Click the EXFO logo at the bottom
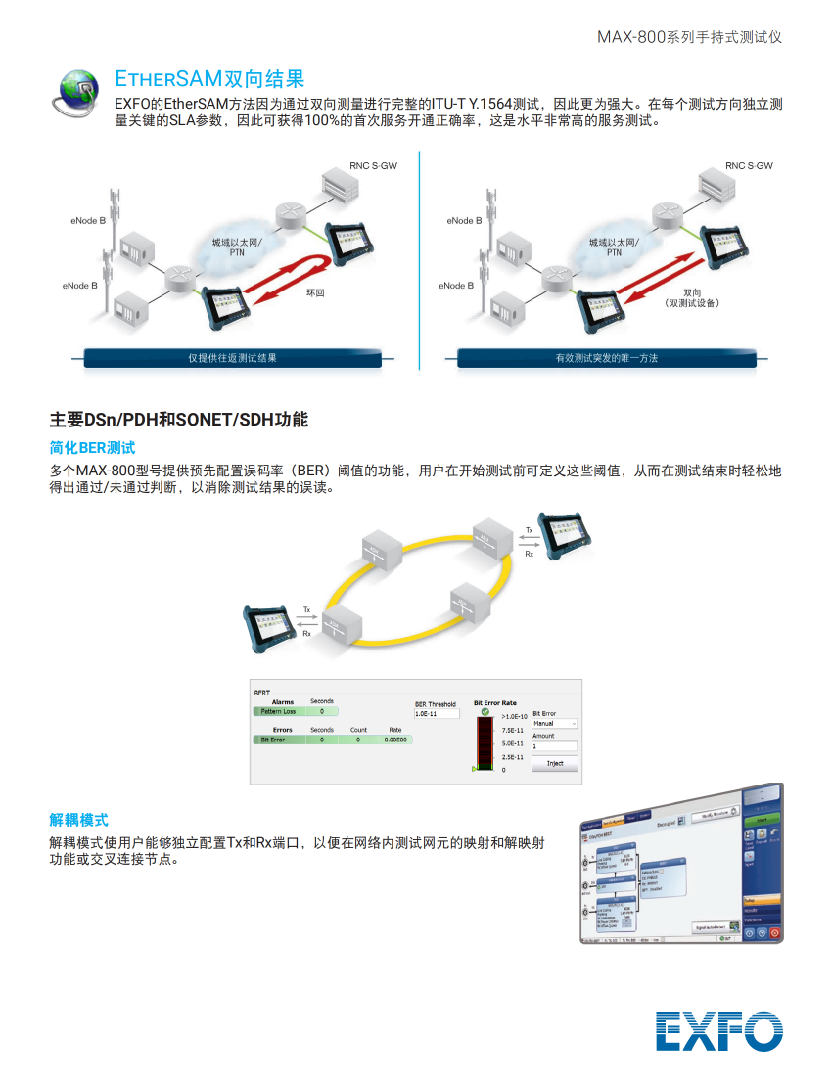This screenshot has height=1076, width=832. pyautogui.click(x=719, y=1030)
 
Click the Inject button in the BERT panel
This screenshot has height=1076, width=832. pyautogui.click(x=554, y=763)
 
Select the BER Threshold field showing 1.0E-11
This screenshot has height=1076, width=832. pyautogui.click(x=437, y=714)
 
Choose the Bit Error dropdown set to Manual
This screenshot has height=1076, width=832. pyautogui.click(x=554, y=724)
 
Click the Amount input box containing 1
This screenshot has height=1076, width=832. pyautogui.click(x=554, y=746)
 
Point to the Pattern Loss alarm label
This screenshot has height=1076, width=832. pyautogui.click(x=277, y=712)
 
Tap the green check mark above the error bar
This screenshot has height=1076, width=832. pyautogui.click(x=485, y=712)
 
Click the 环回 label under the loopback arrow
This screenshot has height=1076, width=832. pyautogui.click(x=315, y=292)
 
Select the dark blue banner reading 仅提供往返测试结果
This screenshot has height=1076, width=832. pyautogui.click(x=232, y=358)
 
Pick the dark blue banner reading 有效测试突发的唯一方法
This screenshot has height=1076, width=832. pyautogui.click(x=606, y=358)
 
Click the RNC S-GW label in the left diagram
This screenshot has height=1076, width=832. pyautogui.click(x=373, y=166)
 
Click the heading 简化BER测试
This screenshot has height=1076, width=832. pyautogui.click(x=92, y=448)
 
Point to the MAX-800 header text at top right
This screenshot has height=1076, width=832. pyautogui.click(x=689, y=37)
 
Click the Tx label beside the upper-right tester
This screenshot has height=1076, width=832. pyautogui.click(x=530, y=530)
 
